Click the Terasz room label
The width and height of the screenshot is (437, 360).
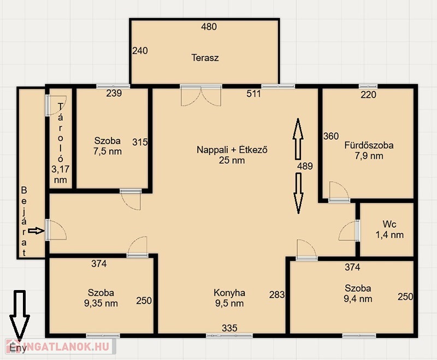click(205, 58)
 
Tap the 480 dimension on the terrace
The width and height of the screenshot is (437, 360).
click(209, 27)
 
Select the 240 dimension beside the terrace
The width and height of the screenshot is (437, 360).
click(140, 51)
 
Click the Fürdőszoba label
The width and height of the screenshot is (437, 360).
click(369, 145)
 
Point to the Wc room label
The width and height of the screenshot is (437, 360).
click(389, 224)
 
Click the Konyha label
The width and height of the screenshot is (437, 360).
click(229, 293)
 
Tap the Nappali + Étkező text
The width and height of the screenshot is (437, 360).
click(232, 150)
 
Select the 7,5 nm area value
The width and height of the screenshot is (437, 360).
click(108, 151)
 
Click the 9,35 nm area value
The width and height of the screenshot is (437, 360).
click(101, 303)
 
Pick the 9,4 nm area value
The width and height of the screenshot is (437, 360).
click(358, 299)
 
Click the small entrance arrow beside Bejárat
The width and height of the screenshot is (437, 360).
click(36, 231)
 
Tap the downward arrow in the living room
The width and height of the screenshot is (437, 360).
click(298, 193)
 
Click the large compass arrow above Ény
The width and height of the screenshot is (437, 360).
click(20, 315)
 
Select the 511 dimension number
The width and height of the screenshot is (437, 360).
click(253, 93)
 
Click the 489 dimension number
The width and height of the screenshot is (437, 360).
click(305, 167)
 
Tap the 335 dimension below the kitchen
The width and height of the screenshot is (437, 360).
click(229, 328)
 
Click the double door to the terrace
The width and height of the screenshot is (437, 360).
click(201, 95)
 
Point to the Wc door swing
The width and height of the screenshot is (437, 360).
click(349, 230)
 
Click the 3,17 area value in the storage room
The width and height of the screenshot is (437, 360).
click(60, 169)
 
